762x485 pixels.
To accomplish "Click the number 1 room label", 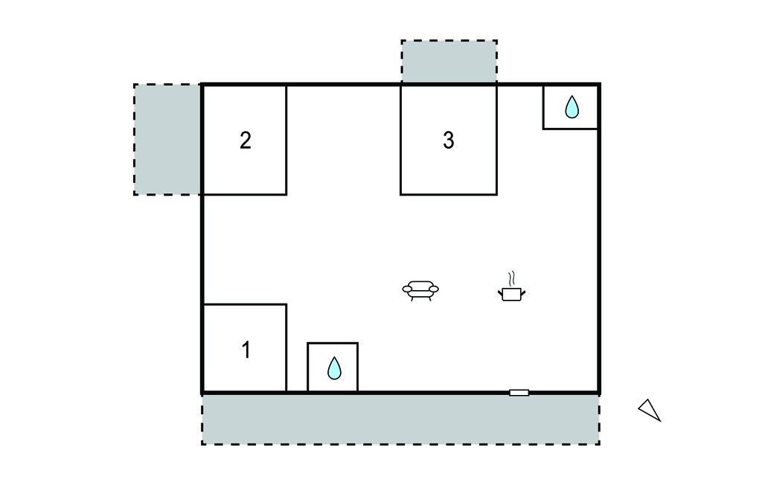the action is click(246, 350).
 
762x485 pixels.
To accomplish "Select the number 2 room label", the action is click(246, 141).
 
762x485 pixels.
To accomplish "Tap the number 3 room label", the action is click(449, 140).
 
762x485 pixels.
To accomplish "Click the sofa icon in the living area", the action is click(420, 290).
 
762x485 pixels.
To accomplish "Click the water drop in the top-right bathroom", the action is click(572, 107).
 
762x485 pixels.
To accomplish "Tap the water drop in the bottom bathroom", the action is click(334, 368).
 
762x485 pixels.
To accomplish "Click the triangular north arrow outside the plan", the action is click(650, 410).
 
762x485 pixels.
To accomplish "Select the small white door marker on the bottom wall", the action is click(519, 393).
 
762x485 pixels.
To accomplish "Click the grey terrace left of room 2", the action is click(167, 139).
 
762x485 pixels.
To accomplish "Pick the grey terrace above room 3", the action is click(449, 62).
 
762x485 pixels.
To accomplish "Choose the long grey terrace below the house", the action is click(400, 419).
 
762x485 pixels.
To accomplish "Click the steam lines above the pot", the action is click(511, 278).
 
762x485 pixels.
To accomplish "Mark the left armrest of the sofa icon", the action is click(407, 289).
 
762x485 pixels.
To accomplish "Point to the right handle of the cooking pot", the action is click(523, 292).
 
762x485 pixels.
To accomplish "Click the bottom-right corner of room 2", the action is click(286, 195).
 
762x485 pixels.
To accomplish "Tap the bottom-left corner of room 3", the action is click(400, 195).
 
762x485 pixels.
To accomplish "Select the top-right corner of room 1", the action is click(286, 305).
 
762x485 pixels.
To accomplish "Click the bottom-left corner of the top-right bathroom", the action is click(543, 129).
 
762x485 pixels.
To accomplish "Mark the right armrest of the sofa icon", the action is click(434, 289).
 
